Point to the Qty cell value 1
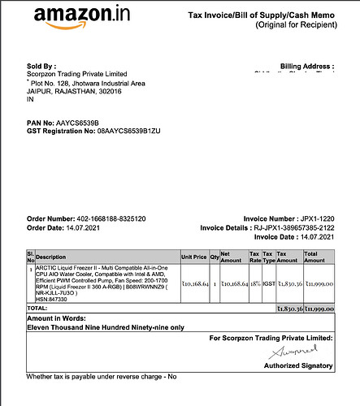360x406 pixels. pyautogui.click(x=215, y=283)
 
